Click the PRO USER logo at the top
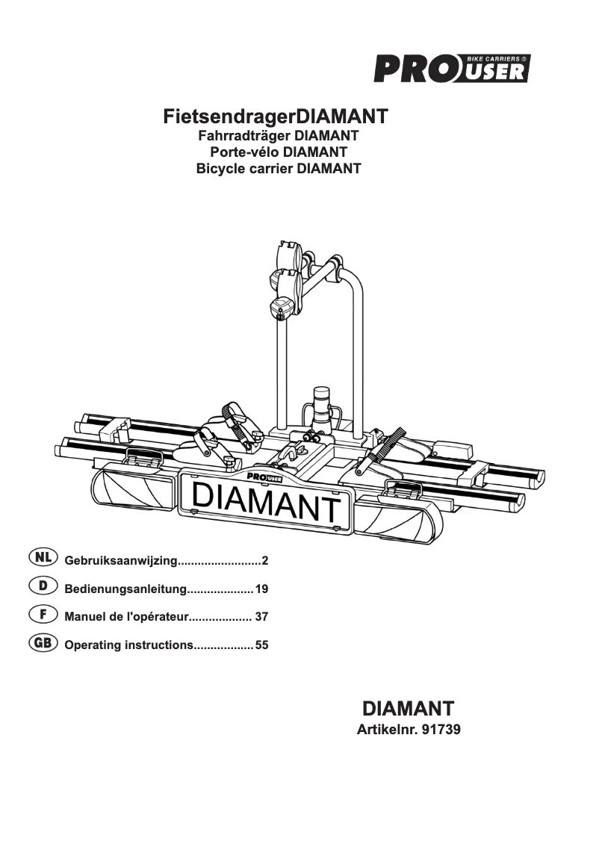[452, 69]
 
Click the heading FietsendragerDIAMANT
[276, 117]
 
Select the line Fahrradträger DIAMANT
[278, 136]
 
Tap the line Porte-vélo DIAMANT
[278, 152]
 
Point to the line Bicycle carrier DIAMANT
[278, 169]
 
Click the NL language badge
[43, 558]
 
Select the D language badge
[43, 586]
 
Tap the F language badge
[43, 615]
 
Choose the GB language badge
[43, 642]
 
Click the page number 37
[261, 617]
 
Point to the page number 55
[261, 645]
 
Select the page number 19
[261, 589]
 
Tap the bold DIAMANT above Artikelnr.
[408, 707]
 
